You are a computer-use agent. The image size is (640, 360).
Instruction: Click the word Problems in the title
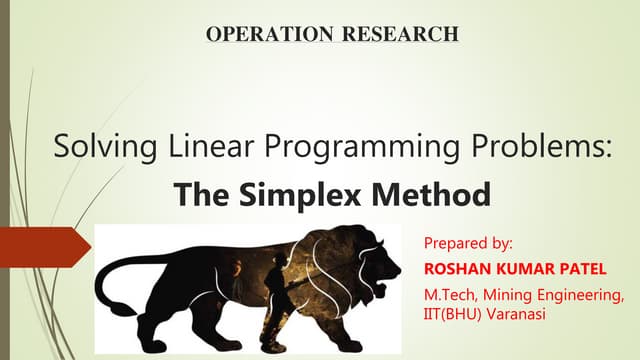point(541,149)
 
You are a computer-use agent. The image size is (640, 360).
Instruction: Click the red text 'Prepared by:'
point(468,243)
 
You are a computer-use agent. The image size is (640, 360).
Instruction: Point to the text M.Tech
point(451,294)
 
